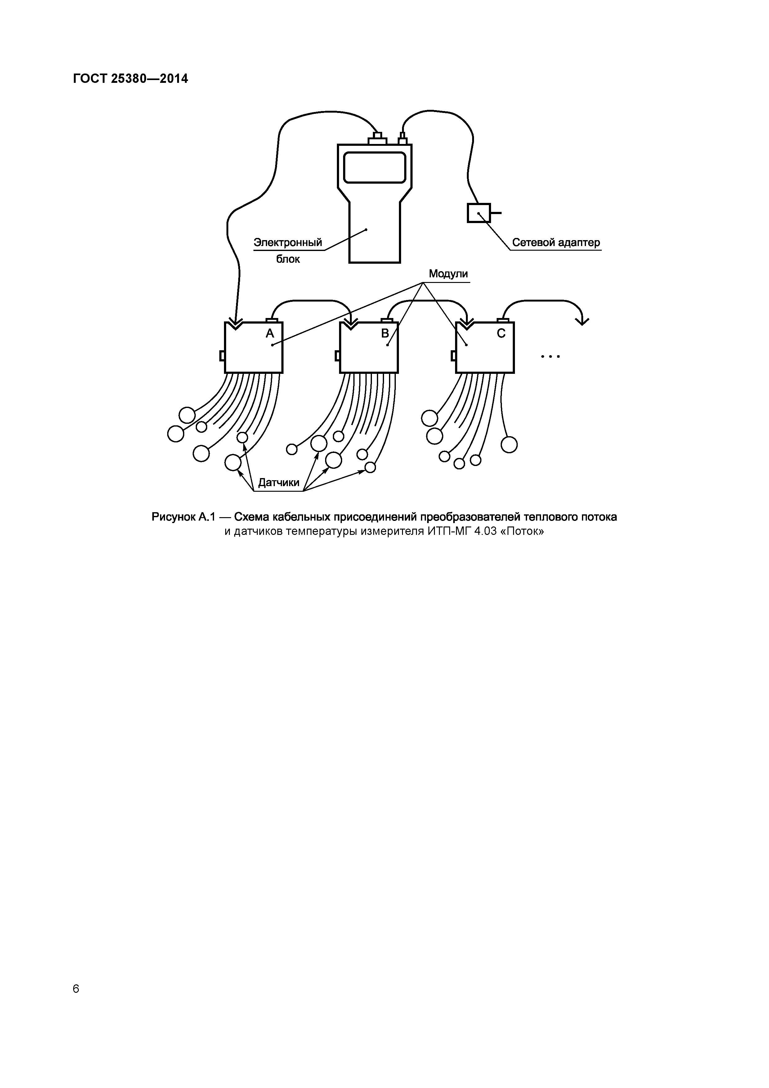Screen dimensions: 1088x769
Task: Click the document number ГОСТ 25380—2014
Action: coord(130,79)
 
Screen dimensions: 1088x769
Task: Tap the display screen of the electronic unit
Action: coord(374,167)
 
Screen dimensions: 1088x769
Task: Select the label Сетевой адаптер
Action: coord(556,243)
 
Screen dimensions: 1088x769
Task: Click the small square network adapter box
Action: coord(479,213)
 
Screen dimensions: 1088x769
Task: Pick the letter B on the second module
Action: coord(385,334)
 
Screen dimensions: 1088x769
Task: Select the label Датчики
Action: coord(279,482)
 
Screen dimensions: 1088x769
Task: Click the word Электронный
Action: coord(288,243)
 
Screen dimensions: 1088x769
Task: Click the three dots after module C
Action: coord(550,356)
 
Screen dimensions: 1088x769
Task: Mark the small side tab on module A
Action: coord(222,356)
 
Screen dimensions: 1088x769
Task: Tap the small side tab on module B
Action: coord(338,356)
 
